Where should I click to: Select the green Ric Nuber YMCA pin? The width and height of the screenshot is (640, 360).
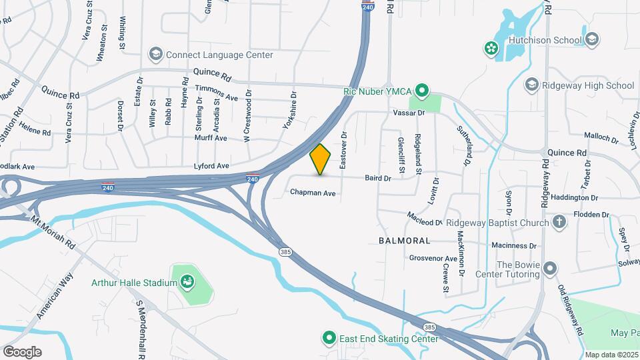pos(421,90)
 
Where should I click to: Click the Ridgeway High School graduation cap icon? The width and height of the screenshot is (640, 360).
pos(531,85)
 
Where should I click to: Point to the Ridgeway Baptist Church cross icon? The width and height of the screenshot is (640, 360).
pos(559,222)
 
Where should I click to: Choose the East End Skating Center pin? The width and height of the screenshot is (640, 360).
pos(328,339)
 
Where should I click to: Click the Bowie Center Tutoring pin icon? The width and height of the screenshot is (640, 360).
pos(549,268)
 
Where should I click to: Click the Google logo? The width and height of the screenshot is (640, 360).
pos(22,351)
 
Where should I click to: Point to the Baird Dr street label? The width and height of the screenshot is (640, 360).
pos(377,179)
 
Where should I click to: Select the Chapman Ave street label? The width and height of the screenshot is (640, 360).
pos(313,193)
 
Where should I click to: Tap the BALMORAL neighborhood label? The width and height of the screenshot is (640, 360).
pos(404,239)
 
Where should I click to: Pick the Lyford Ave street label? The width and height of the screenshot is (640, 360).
pos(211,165)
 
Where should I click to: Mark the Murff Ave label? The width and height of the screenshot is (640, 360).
pos(211,138)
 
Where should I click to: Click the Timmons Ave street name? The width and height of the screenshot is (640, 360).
pos(216,97)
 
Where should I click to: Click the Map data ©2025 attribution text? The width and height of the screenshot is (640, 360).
pos(611,355)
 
